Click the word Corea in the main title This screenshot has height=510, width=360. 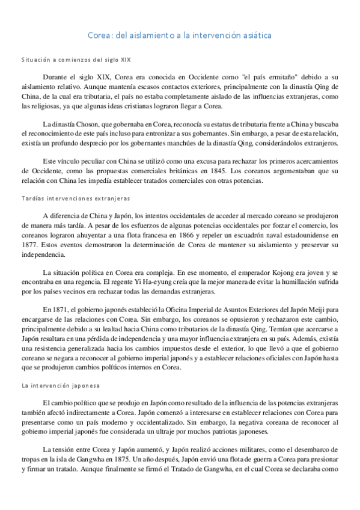pos(99,35)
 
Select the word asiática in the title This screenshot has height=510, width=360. pos(255,35)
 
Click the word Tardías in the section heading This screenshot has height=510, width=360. pos(33,198)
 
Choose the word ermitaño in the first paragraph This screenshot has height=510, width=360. pos(278,77)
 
